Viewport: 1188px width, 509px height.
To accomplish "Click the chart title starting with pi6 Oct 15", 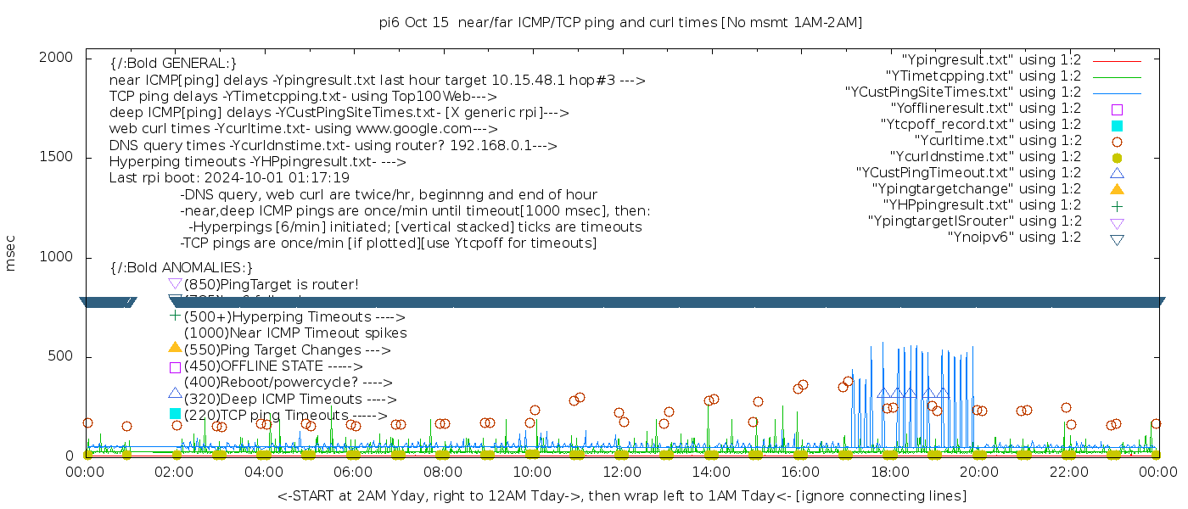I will pos(620,22).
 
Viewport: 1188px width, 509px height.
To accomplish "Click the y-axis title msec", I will pos(11,254).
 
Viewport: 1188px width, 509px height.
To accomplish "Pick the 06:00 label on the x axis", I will pos(353,473).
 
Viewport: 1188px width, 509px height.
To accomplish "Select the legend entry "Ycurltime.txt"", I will pos(997,141).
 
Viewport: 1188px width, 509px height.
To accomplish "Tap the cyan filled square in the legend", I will pos(1117,126).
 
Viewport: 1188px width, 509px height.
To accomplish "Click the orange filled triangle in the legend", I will pos(1117,189).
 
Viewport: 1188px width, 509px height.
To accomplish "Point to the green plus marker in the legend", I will pos(1117,205).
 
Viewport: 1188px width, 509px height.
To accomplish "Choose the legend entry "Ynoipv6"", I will pos(1014,238).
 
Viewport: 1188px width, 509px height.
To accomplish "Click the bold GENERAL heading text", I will pos(173,64).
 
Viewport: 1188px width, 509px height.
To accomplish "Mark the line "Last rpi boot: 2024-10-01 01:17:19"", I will pos(229,178).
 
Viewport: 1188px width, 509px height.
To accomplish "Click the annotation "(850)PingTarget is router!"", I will pos(271,284).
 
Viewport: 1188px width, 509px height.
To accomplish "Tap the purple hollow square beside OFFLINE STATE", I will pos(175,367).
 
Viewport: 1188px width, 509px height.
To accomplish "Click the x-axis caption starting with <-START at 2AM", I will pos(621,495).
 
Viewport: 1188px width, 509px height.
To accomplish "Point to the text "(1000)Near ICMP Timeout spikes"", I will pos(295,333).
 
